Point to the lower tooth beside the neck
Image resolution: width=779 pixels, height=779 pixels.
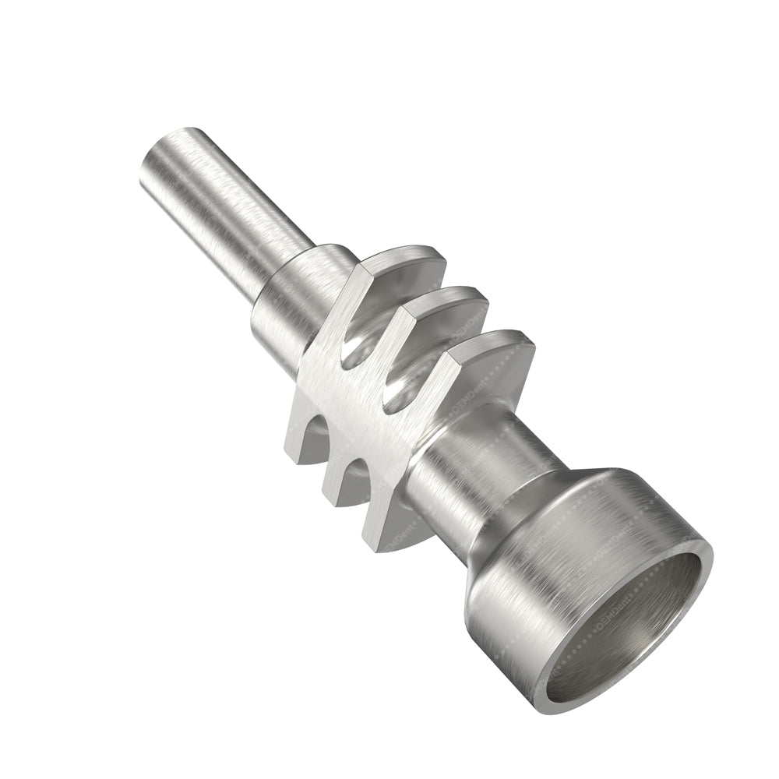click(382, 506)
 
